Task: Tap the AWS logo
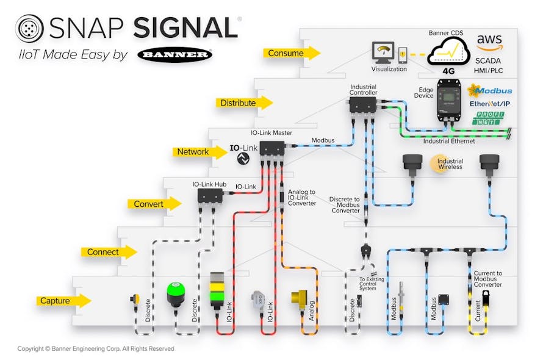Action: point(489,42)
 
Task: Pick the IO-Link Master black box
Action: point(272,148)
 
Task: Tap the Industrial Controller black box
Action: point(363,105)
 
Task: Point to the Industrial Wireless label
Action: point(450,164)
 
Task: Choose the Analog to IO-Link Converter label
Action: point(301,198)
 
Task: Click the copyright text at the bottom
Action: point(95,349)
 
